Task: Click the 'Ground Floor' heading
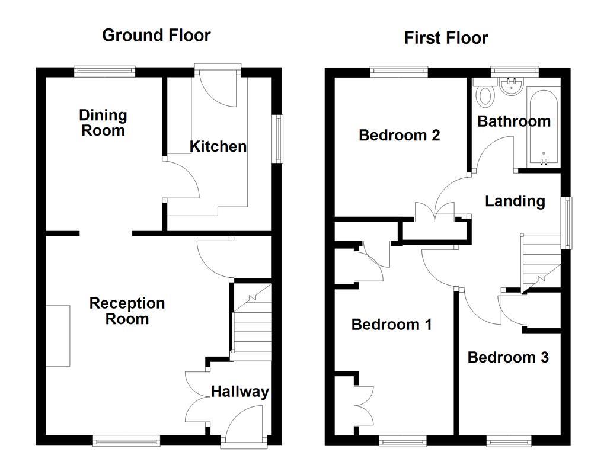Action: [x=156, y=35]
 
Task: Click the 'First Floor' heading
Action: [x=446, y=38]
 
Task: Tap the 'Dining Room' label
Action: [x=103, y=123]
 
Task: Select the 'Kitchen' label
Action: [x=218, y=146]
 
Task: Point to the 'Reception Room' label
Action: [x=127, y=311]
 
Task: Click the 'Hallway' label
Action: [x=239, y=392]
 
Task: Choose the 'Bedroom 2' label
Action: [x=399, y=135]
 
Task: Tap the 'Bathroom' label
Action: [x=513, y=121]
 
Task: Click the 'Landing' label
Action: [x=515, y=201]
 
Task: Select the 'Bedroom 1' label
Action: [x=391, y=325]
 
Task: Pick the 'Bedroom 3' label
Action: [x=507, y=357]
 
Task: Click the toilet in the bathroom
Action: [x=487, y=94]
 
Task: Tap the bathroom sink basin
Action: [x=509, y=88]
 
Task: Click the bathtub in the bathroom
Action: [x=542, y=127]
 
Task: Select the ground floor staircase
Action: [x=251, y=323]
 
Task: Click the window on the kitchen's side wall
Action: [x=277, y=138]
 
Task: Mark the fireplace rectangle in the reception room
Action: [x=57, y=335]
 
